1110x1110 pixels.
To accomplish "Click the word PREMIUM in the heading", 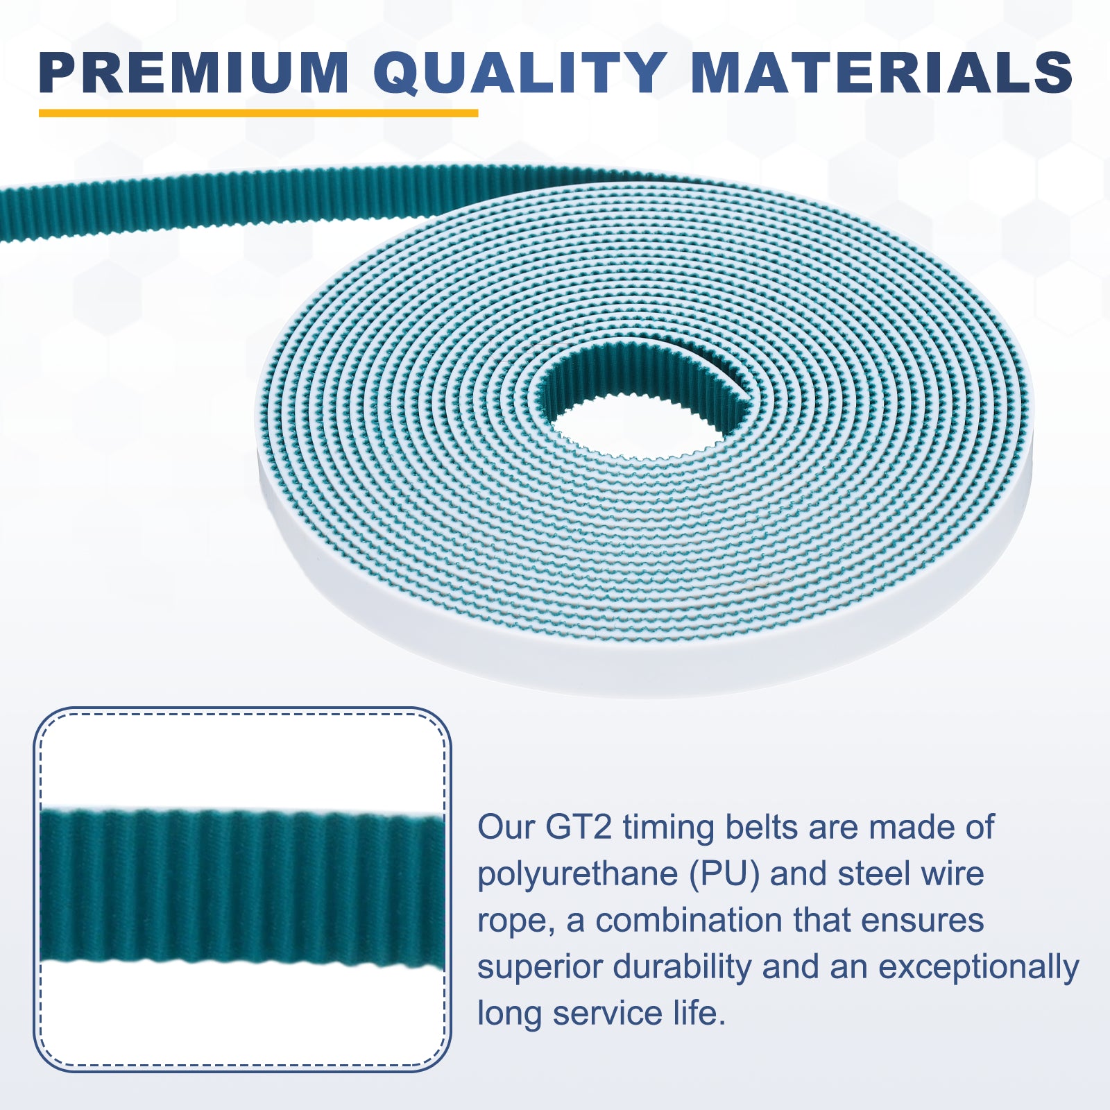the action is (x=194, y=73).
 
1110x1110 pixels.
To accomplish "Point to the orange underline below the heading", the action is (x=258, y=112).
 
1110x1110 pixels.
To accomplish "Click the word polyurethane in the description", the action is (x=577, y=875).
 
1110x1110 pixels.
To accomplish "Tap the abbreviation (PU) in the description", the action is (x=724, y=875).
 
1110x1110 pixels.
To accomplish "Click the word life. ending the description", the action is (x=699, y=1013).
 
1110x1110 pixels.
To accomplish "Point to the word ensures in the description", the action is (x=922, y=921).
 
